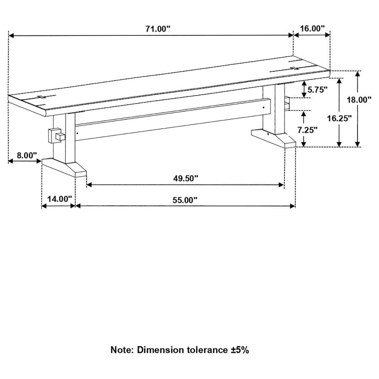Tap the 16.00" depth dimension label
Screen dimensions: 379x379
tap(312, 29)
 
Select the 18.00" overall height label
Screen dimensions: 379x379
tap(359, 99)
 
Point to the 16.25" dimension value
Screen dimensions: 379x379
tap(339, 118)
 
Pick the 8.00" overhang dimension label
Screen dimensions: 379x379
tap(27, 155)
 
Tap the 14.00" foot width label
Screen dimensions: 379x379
tap(59, 199)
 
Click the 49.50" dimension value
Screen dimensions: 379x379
tap(185, 179)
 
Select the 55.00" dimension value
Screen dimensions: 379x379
tap(184, 200)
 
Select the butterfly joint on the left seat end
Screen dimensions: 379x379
tap(41, 98)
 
